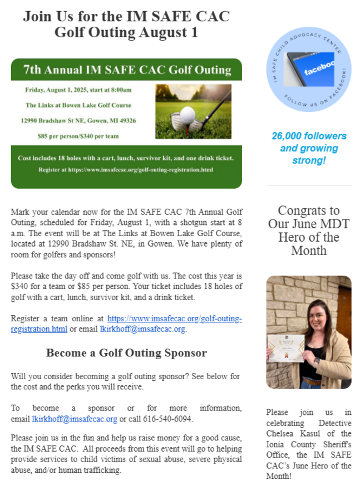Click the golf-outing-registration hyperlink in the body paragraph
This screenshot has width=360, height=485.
tap(175, 319)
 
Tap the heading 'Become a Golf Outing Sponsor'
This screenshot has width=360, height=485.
tap(126, 353)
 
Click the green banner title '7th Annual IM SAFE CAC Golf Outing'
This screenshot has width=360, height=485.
tap(127, 70)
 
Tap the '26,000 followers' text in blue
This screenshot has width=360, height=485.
tap(309, 136)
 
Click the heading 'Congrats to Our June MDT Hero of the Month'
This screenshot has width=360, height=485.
tap(308, 231)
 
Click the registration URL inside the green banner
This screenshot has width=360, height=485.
tap(127, 169)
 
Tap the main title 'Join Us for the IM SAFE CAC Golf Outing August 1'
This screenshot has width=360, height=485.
tap(126, 24)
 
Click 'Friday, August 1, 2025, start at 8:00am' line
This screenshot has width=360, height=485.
tap(78, 90)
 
